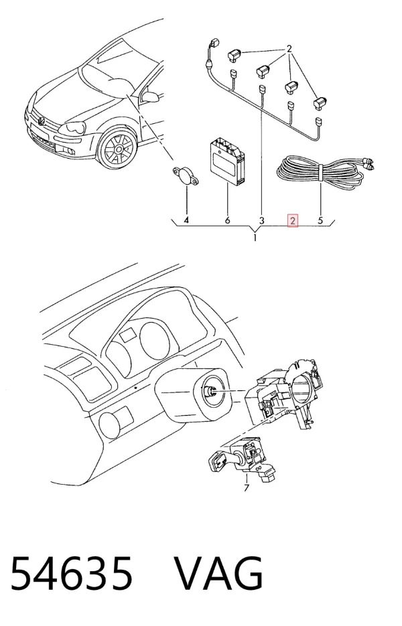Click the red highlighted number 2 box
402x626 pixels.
293,220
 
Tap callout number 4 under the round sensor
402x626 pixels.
186,220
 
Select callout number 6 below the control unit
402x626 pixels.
227,220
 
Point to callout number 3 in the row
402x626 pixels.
262,220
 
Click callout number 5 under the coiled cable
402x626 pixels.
320,220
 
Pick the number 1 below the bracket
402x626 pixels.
255,238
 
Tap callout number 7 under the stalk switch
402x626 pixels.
247,487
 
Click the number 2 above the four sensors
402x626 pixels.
289,49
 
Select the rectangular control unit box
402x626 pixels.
227,162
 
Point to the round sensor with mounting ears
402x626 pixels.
186,176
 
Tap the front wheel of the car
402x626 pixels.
117,149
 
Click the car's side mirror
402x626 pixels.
151,96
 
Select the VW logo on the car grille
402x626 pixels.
41,120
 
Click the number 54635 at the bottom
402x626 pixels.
71,572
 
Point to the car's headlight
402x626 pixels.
72,128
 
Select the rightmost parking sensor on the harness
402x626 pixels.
322,102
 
